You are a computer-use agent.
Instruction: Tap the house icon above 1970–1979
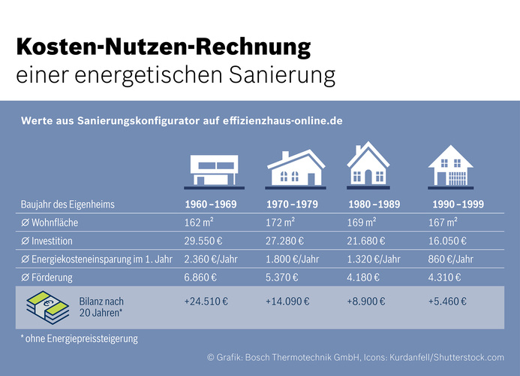click(x=295, y=167)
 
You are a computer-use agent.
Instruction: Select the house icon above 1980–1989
click(x=368, y=166)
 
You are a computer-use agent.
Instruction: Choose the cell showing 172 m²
click(x=280, y=223)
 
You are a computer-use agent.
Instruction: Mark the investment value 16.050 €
click(x=446, y=241)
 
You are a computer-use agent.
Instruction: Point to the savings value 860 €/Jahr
click(x=452, y=259)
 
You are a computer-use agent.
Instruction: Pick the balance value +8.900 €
click(x=365, y=302)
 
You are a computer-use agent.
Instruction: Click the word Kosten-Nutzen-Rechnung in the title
click(x=163, y=49)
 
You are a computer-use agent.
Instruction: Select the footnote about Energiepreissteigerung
click(x=79, y=339)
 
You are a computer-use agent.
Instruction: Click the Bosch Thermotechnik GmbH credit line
click(x=356, y=358)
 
